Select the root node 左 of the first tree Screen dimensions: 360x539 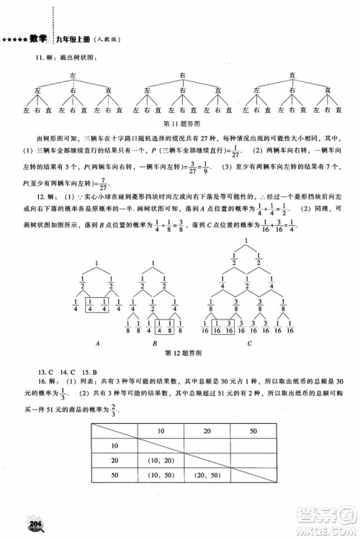coord(73,75)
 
